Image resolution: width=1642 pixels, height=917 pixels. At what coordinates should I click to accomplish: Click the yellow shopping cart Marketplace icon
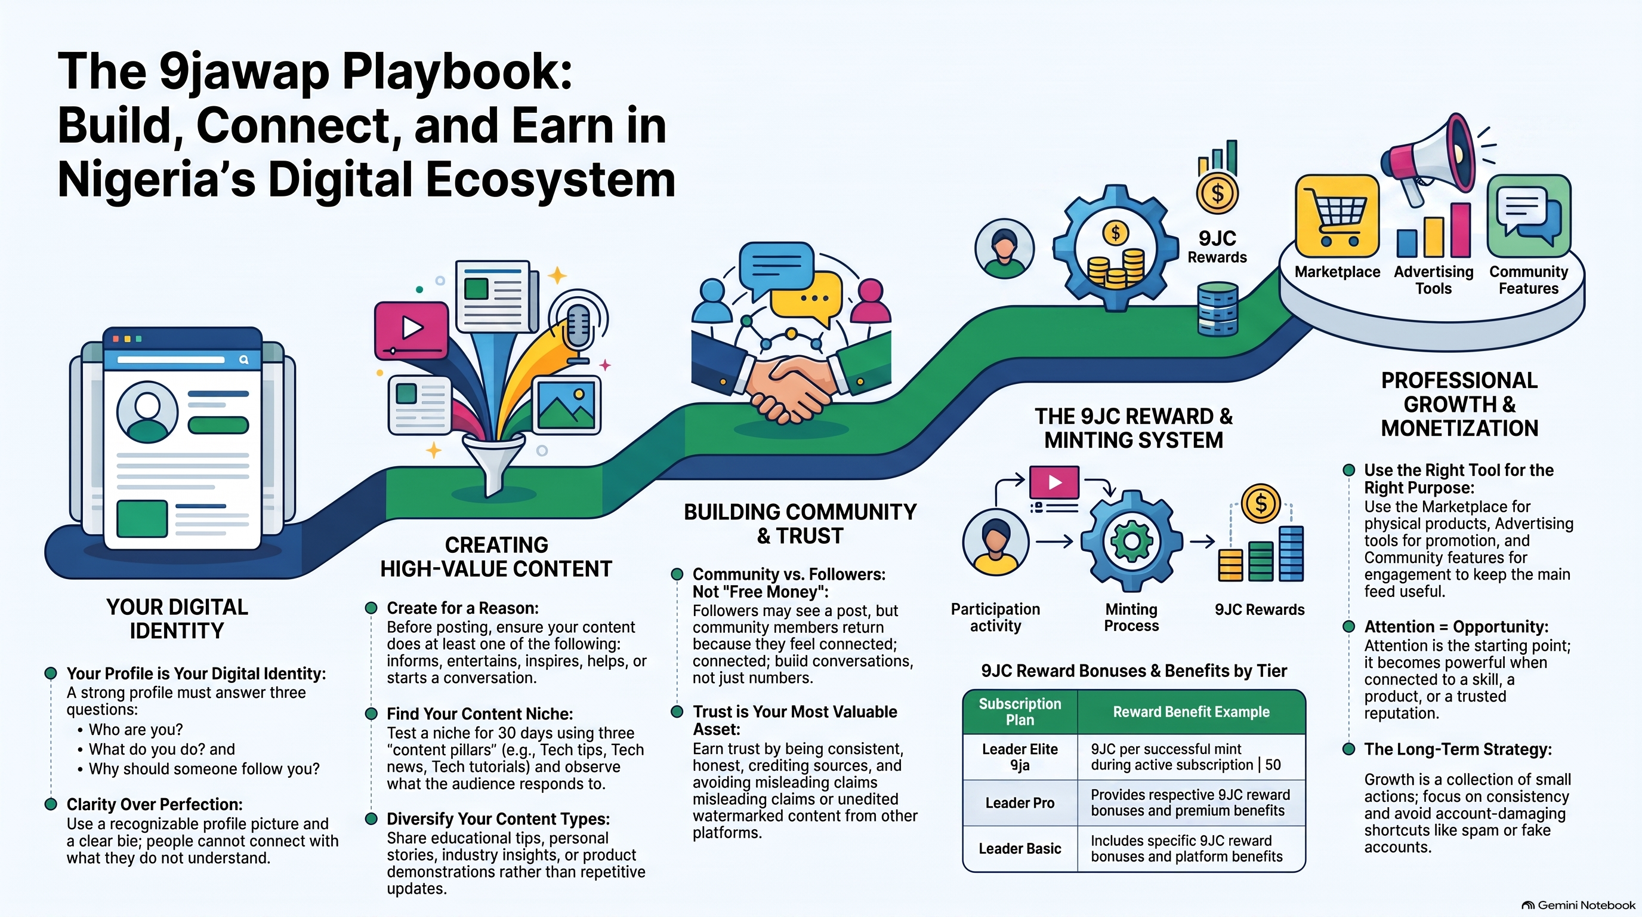point(1337,216)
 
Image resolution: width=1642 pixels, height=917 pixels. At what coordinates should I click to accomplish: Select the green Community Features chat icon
point(1529,216)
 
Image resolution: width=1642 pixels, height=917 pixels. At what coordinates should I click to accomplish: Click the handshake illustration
point(791,383)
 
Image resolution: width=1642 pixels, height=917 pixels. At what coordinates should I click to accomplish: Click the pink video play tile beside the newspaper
point(411,329)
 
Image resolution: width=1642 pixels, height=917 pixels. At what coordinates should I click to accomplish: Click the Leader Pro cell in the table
point(1020,803)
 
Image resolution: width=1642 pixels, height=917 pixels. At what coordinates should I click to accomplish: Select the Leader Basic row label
point(1020,849)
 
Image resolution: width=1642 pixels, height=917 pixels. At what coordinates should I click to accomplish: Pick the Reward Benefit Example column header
point(1191,712)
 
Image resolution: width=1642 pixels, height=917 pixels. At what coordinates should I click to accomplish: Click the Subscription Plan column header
point(1020,712)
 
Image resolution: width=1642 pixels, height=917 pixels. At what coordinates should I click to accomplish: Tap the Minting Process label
point(1131,617)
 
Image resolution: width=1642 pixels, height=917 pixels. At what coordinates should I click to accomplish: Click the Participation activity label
point(995,617)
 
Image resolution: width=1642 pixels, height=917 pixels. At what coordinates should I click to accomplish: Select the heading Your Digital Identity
point(177,618)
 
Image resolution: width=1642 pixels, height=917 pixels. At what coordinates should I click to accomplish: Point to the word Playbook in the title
point(457,72)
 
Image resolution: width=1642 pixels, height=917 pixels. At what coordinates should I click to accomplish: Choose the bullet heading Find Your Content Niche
point(480,713)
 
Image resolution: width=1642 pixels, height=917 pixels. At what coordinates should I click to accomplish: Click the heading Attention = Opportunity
point(1456,626)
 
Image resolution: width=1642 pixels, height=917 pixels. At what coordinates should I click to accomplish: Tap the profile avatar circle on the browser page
point(147,412)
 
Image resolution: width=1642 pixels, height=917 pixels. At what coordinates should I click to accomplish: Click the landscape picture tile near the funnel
point(566,405)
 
